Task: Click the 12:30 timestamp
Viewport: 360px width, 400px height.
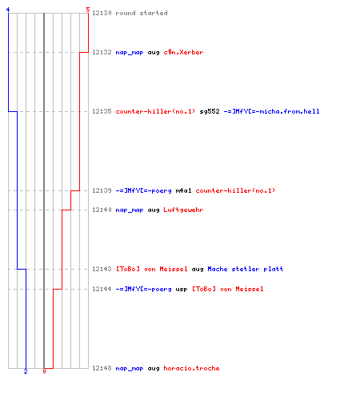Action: click(102, 13)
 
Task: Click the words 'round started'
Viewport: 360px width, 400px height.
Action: click(142, 13)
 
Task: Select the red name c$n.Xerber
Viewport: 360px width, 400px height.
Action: click(183, 52)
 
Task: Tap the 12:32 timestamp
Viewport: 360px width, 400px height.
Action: click(102, 52)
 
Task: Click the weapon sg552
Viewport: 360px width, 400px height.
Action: click(210, 111)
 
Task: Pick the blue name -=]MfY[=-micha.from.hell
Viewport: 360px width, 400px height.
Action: click(271, 111)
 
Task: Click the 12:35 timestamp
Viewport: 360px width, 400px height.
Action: click(102, 111)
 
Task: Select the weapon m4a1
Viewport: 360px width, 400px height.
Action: click(183, 190)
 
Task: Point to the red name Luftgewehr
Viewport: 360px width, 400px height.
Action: click(183, 210)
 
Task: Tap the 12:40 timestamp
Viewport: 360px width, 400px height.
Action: click(102, 210)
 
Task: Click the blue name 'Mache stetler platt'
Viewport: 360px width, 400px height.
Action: click(246, 269)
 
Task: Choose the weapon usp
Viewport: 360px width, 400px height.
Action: click(182, 290)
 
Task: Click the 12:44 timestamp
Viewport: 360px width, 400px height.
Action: click(102, 289)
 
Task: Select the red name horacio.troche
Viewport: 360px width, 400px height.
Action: click(191, 368)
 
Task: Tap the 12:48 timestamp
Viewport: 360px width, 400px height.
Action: click(102, 368)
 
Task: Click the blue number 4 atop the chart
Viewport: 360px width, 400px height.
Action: click(8, 10)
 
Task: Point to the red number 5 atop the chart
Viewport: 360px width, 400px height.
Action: click(88, 10)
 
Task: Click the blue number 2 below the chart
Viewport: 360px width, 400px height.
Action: click(26, 371)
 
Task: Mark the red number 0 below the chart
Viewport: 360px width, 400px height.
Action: click(44, 371)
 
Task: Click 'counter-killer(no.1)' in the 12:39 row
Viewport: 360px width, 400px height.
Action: click(235, 190)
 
